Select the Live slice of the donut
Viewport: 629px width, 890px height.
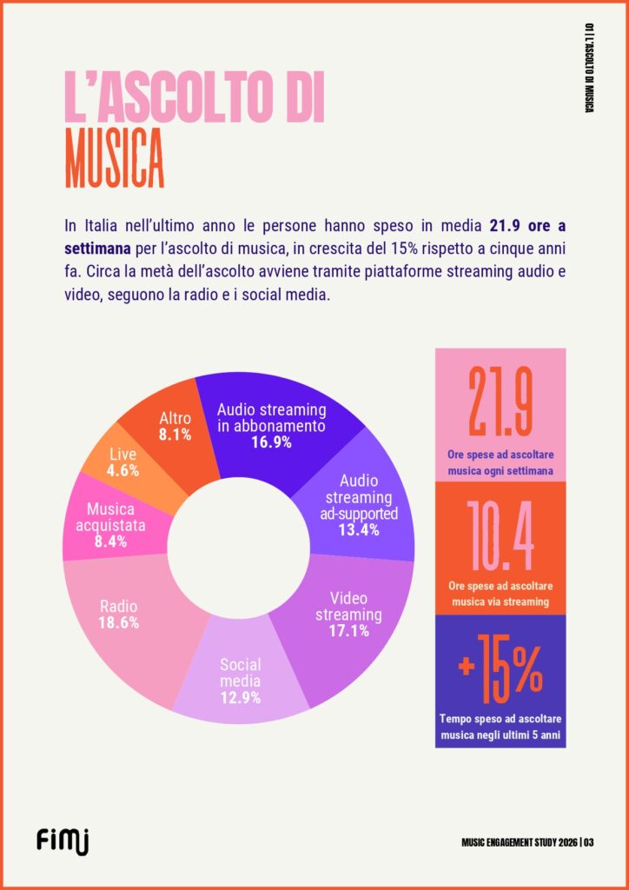(x=122, y=462)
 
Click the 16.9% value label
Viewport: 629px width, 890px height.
(x=272, y=442)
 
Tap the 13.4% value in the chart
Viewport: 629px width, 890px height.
(x=359, y=530)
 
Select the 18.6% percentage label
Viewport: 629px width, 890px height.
(x=118, y=622)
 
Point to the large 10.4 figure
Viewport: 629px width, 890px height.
(x=500, y=535)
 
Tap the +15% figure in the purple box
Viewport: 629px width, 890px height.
(x=500, y=667)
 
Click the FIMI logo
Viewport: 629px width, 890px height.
(x=63, y=840)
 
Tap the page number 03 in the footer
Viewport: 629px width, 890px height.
(x=588, y=841)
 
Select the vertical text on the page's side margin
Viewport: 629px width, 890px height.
(x=590, y=67)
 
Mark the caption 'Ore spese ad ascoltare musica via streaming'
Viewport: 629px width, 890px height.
(x=500, y=594)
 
